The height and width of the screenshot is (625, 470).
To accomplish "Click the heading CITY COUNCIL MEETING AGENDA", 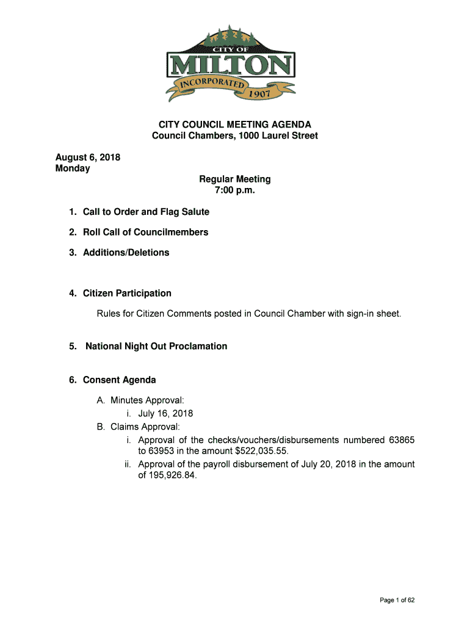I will [x=235, y=125].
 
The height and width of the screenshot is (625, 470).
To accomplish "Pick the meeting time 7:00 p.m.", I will [x=235, y=190].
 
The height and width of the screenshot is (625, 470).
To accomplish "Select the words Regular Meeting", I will [x=235, y=179].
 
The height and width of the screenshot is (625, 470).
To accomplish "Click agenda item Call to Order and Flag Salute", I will [x=146, y=212].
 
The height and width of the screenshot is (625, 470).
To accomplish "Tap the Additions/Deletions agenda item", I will [x=126, y=252].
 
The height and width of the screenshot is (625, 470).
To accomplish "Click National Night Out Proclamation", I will [x=156, y=346].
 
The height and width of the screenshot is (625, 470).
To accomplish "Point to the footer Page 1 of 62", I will [x=397, y=601].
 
